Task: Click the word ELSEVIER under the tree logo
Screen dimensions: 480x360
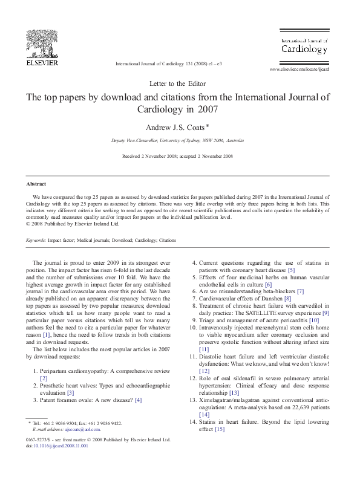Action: coord(42,62)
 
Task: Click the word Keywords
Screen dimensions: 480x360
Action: coord(36,240)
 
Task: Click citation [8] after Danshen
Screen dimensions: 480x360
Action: coord(287,299)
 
